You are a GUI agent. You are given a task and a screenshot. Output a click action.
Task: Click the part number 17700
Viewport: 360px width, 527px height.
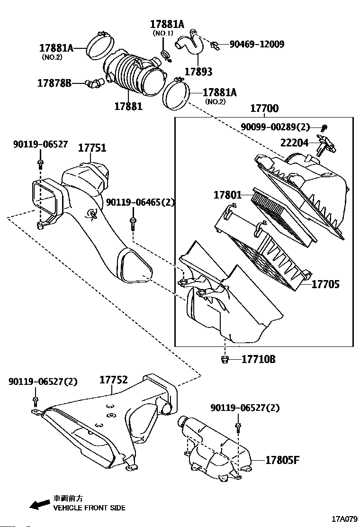click(x=264, y=109)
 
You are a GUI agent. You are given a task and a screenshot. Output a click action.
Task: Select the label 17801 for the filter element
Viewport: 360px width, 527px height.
click(x=227, y=195)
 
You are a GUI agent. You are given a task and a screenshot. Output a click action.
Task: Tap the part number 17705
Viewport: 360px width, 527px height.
click(x=325, y=284)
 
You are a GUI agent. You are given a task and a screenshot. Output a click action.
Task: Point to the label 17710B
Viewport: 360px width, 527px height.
click(x=258, y=359)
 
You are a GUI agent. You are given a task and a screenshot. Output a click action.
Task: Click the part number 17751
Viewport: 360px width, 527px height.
click(x=92, y=148)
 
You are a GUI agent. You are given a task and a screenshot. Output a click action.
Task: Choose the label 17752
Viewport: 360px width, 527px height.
click(x=114, y=380)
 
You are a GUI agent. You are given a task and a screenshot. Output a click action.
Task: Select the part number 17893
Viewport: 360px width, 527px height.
click(x=198, y=72)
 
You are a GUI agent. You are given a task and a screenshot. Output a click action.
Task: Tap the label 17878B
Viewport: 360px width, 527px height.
click(x=54, y=83)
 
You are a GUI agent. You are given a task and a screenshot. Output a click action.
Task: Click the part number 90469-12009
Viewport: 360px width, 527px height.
click(x=257, y=45)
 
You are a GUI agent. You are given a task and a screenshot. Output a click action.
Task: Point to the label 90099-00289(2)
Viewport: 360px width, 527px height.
click(x=275, y=127)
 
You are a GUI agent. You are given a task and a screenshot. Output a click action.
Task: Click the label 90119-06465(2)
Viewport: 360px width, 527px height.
click(x=140, y=202)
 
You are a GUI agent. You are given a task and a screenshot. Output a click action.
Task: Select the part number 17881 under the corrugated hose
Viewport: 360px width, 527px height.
click(x=128, y=106)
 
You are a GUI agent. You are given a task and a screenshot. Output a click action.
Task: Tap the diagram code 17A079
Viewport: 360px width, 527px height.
click(x=344, y=518)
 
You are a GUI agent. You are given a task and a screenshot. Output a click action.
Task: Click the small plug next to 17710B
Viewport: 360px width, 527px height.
click(x=225, y=360)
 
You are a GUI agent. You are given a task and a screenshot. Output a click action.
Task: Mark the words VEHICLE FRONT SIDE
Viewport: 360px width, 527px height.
click(x=89, y=508)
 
